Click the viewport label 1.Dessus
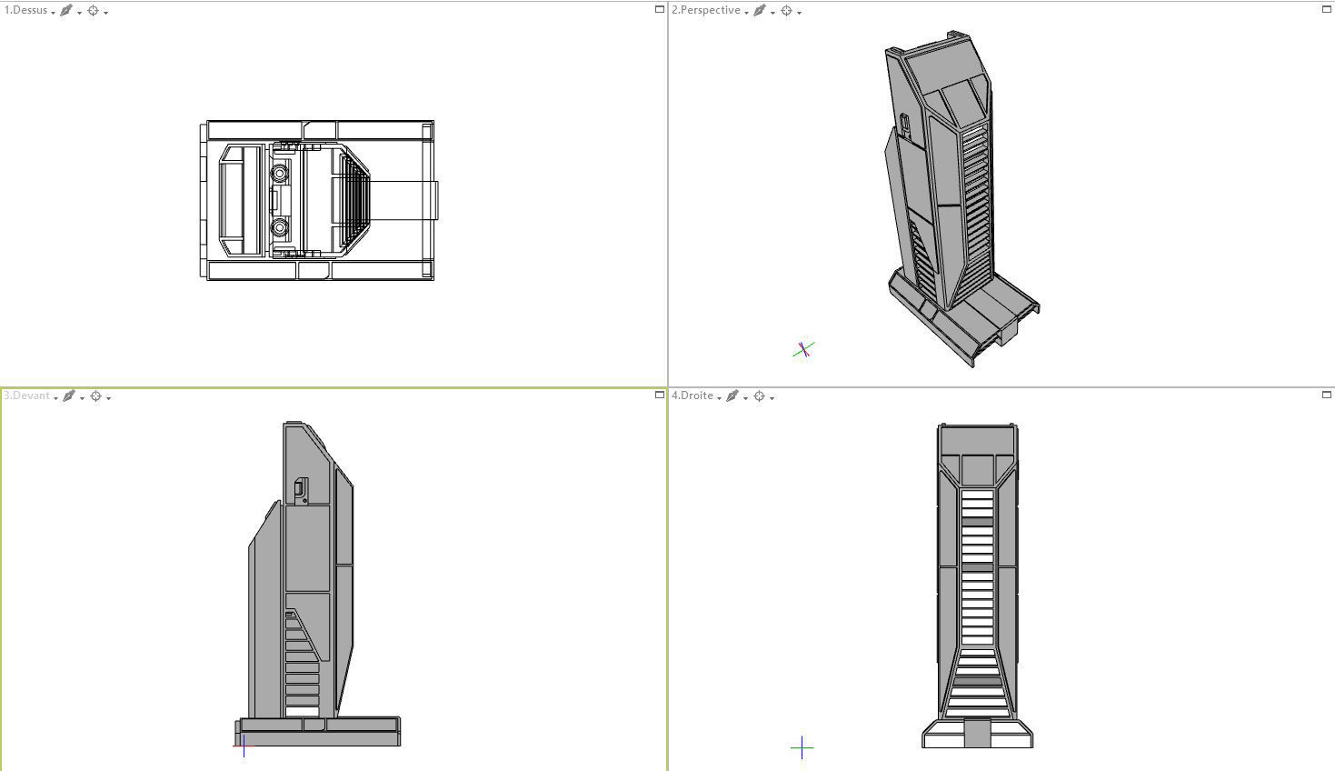[x=26, y=11]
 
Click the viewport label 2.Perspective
[x=705, y=11]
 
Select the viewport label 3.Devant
[x=27, y=396]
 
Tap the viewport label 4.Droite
[x=692, y=396]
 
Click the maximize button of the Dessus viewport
[x=660, y=9]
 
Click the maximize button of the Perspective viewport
[x=1326, y=9]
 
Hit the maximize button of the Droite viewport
[x=1326, y=395]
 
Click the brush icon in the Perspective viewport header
[x=760, y=11]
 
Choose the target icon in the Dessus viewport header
[x=93, y=11]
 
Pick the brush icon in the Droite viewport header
[x=732, y=396]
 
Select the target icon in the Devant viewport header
[x=95, y=396]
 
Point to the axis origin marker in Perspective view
[x=802, y=350]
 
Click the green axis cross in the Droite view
[x=802, y=748]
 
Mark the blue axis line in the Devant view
[x=244, y=746]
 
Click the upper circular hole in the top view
[x=280, y=171]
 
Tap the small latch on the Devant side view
[x=301, y=490]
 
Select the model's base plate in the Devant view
[x=318, y=732]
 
